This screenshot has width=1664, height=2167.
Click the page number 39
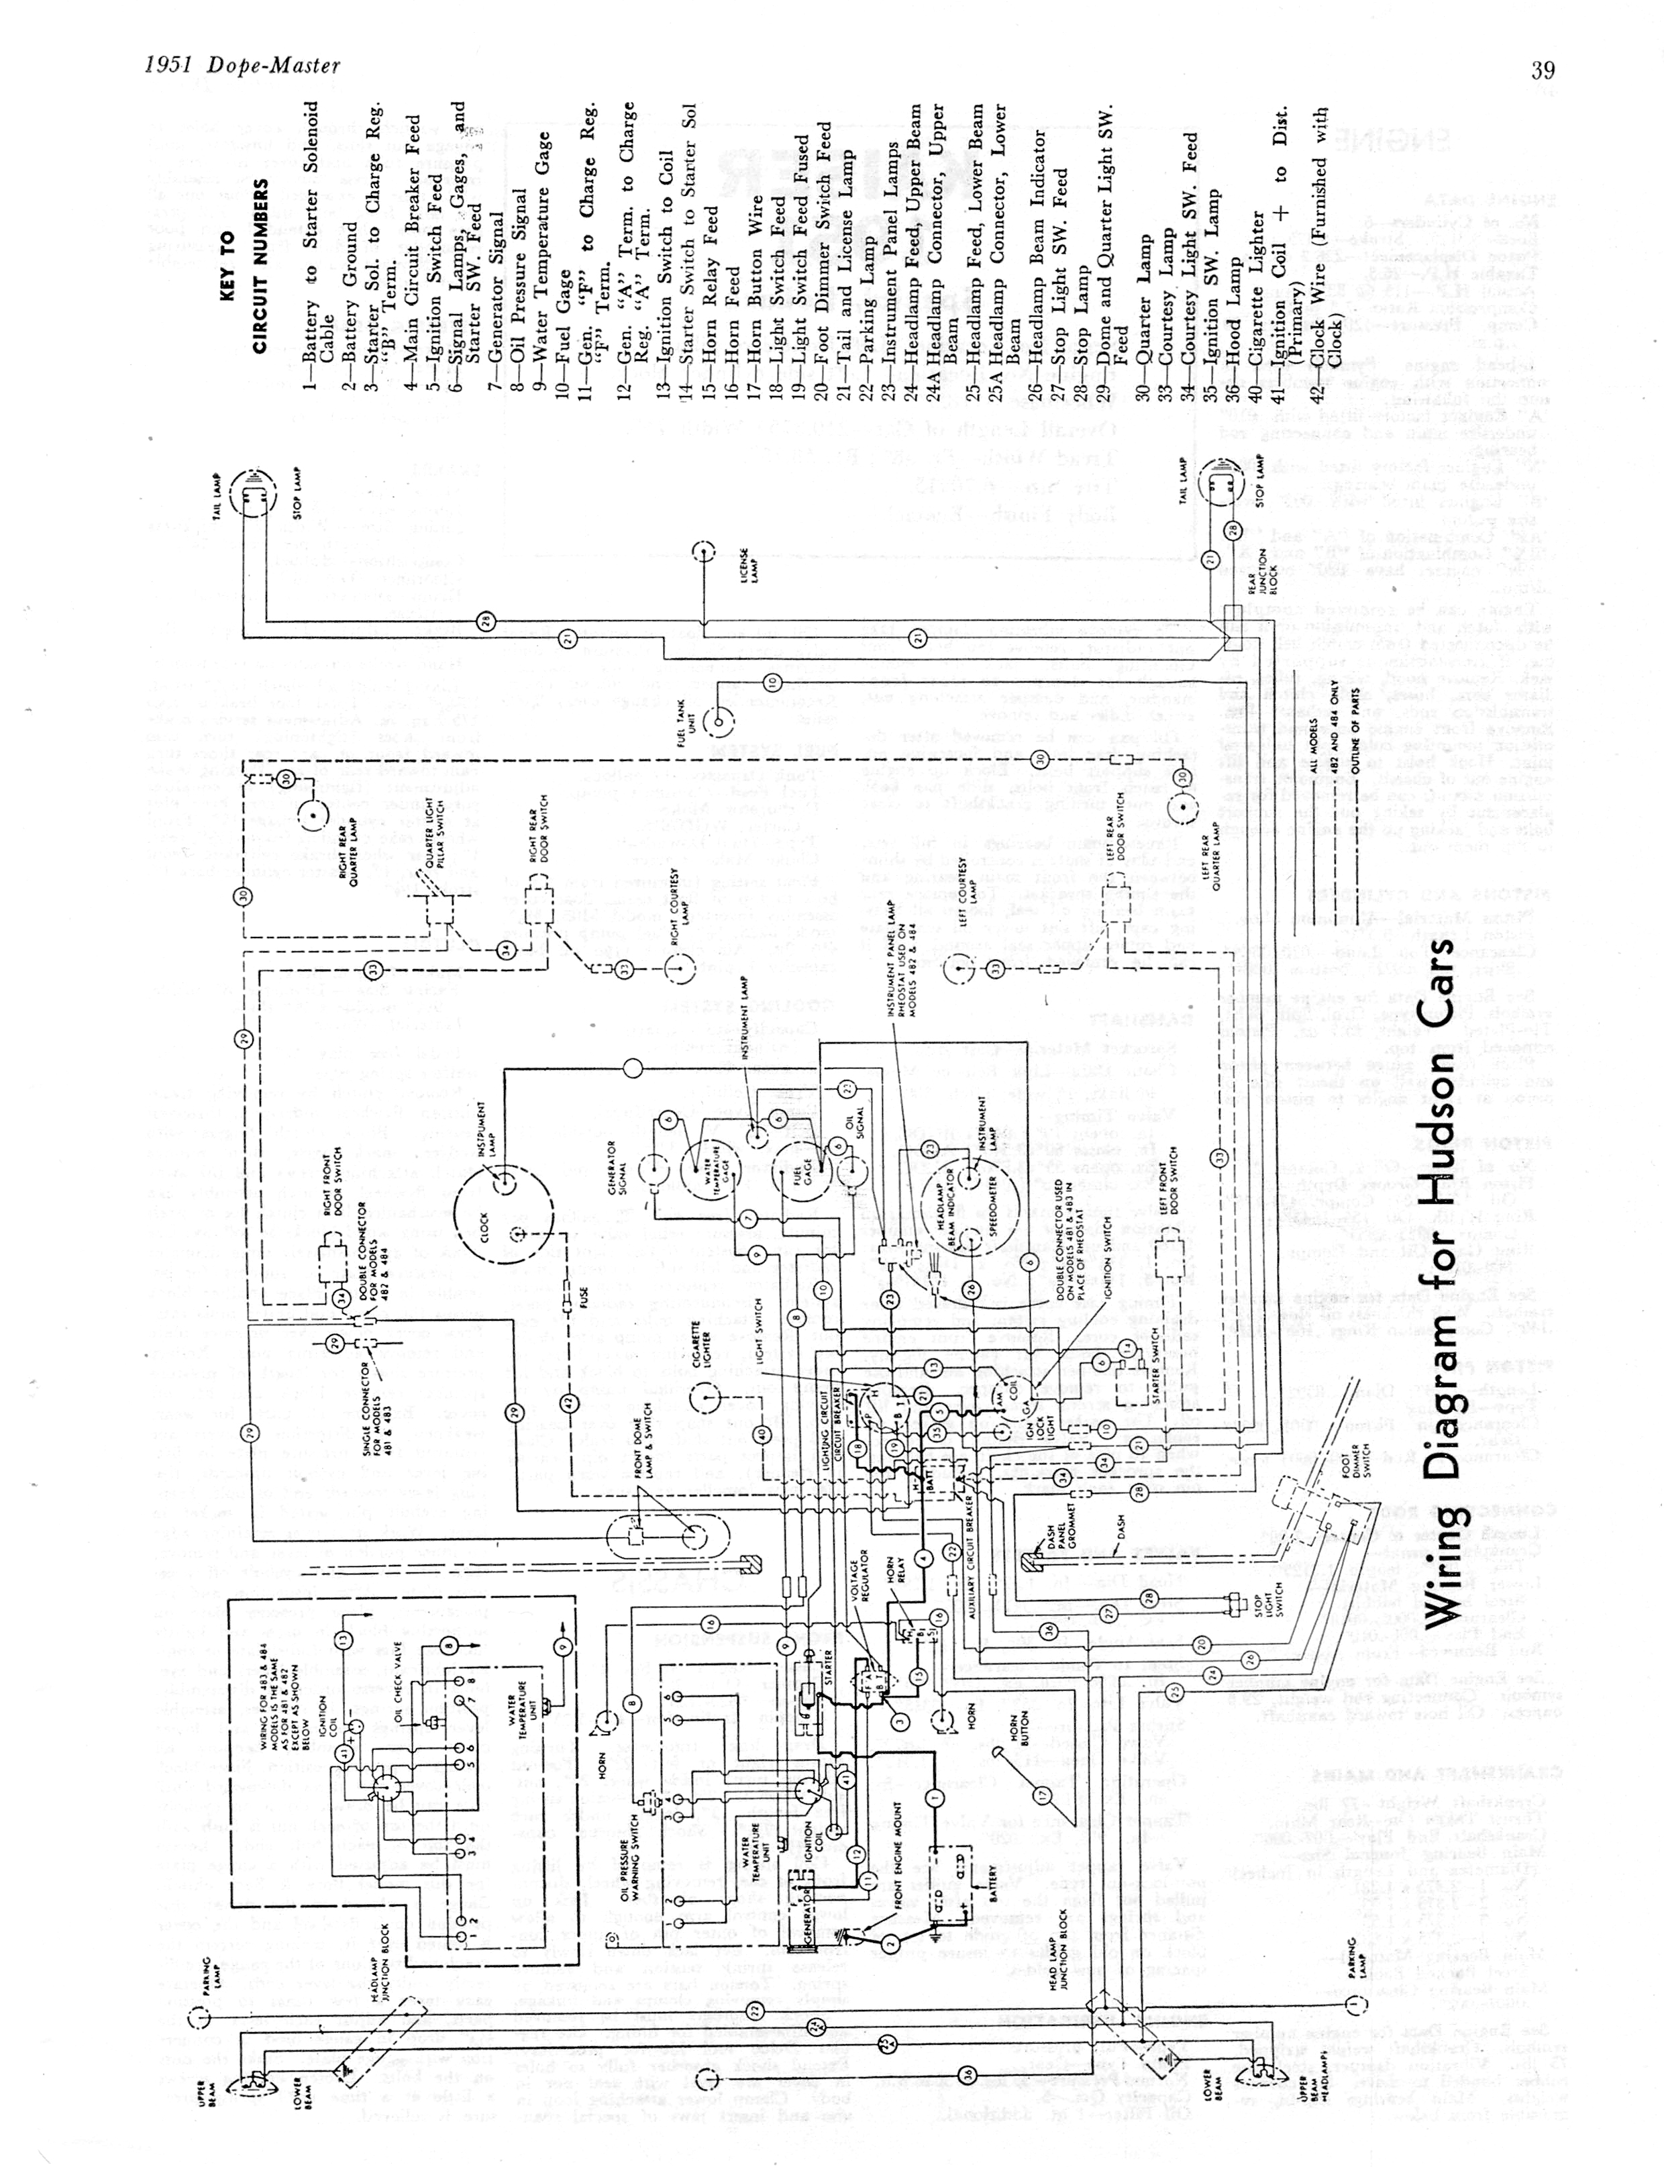click(1542, 68)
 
